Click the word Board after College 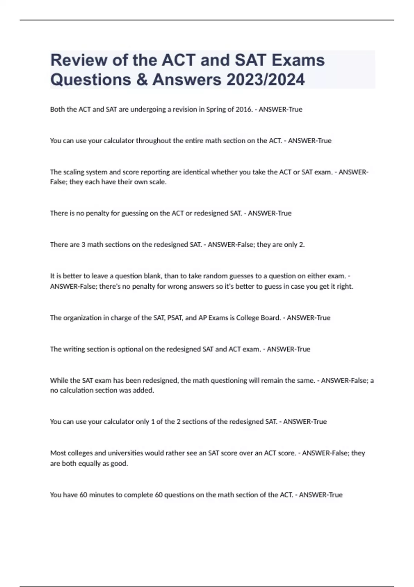(x=270, y=318)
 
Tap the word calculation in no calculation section (x=77, y=391)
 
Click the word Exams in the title (x=298, y=60)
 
